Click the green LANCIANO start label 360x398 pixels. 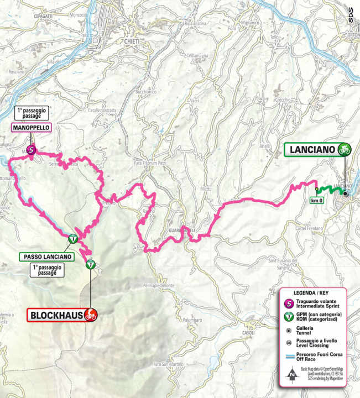coord(311,149)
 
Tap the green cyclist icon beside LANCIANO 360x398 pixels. coord(345,149)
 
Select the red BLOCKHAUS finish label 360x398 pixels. coord(54,315)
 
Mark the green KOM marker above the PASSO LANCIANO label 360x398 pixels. coord(72,239)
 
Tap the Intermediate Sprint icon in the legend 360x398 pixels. coord(286,303)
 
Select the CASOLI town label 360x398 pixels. coord(247,333)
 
